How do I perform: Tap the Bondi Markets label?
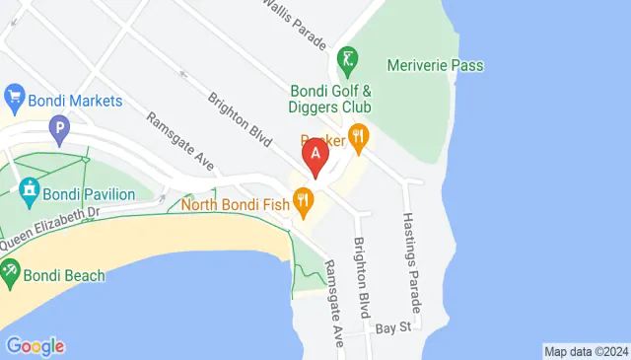pos(76,101)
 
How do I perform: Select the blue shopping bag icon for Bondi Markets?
pos(14,97)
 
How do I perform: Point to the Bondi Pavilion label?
pos(89,193)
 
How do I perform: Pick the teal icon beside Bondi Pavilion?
pos(29,187)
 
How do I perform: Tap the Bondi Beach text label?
pos(61,275)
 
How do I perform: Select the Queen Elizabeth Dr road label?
pos(50,227)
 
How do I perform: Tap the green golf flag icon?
pos(347,60)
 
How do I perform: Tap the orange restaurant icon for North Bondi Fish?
pos(304,204)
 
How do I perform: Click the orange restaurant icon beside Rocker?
pos(357,140)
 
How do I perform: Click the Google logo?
pos(35,346)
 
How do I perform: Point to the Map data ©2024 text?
pos(586,351)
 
